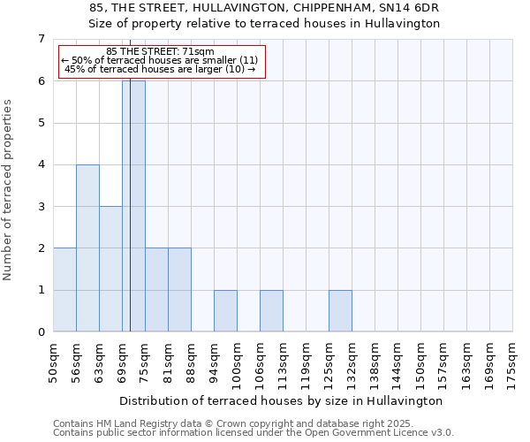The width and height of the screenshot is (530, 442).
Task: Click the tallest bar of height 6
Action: pos(133,206)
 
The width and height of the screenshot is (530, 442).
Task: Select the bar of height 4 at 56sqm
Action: pos(87,248)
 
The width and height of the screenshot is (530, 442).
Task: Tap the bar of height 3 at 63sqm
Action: pos(110,269)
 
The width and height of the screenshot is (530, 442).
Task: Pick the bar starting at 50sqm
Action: pos(64,290)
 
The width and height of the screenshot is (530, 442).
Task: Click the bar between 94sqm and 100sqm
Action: pos(225,311)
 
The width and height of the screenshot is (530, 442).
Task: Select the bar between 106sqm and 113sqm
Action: pos(271,311)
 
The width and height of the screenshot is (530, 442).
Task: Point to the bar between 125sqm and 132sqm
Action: pos(340,311)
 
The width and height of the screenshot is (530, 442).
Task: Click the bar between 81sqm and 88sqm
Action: pos(179,290)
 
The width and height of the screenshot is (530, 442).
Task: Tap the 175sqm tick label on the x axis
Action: pos(512,362)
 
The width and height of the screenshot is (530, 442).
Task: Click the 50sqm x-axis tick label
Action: pos(53,362)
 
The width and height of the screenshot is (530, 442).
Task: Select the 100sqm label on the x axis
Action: pos(237,362)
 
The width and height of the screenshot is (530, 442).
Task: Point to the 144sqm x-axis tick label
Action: pos(397,362)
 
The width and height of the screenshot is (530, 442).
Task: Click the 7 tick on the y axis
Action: pos(41,39)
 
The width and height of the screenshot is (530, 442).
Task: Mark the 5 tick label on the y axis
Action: pos(41,123)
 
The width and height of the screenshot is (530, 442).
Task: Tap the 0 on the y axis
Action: pos(41,332)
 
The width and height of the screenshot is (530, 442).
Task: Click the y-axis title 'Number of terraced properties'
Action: pos(9,189)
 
